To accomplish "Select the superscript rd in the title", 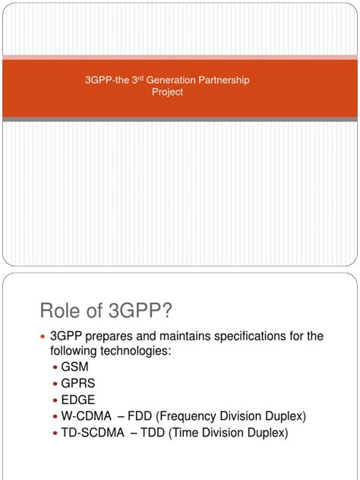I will tap(138, 75).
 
